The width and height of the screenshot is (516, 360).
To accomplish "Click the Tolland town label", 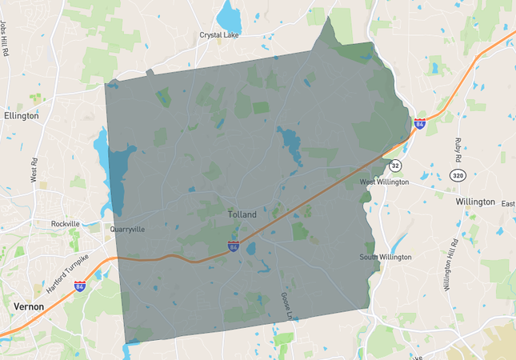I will click(x=242, y=214).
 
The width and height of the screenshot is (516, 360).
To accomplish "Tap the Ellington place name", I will click(x=21, y=116).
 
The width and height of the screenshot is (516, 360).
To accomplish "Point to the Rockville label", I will click(x=66, y=224).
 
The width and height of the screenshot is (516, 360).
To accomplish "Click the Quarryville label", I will click(x=127, y=230).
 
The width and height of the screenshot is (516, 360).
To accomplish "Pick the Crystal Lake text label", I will click(x=222, y=35).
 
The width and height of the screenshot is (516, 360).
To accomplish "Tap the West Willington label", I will click(x=384, y=182).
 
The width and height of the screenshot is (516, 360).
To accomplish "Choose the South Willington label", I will click(x=385, y=257).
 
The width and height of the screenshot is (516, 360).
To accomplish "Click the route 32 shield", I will click(x=395, y=166).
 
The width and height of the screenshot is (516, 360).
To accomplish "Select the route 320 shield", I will click(x=458, y=174).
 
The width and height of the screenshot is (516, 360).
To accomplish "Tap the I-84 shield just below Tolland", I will click(x=233, y=247).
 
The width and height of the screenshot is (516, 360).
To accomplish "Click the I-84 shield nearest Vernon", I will click(x=80, y=286).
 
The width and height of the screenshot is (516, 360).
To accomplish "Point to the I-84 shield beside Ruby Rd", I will click(x=420, y=124).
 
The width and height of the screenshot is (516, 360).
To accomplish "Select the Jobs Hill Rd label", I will click(x=6, y=40).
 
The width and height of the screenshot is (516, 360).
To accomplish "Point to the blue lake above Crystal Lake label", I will click(x=229, y=14).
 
